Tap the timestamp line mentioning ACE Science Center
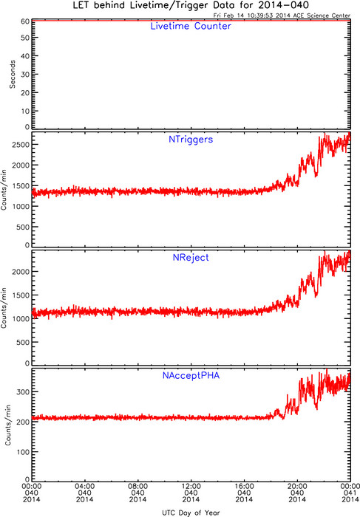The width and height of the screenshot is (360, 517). (282, 16)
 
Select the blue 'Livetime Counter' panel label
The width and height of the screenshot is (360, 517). (191, 26)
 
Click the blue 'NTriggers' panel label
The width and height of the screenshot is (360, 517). (191, 140)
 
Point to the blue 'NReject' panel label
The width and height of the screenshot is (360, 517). (191, 258)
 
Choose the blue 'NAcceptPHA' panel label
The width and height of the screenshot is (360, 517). (191, 375)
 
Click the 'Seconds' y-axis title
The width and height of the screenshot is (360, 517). (13, 74)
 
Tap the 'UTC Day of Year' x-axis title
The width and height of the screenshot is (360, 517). (191, 513)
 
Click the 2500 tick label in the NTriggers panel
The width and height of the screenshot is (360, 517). (21, 145)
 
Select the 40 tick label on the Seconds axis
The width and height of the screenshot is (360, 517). (25, 56)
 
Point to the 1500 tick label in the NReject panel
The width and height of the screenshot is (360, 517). (21, 295)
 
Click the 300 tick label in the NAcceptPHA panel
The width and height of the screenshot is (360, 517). (23, 391)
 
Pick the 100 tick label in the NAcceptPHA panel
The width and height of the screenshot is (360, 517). (23, 452)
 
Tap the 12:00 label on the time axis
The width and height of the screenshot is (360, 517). (191, 486)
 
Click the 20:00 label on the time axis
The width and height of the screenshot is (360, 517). (297, 486)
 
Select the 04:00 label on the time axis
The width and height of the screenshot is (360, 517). (85, 486)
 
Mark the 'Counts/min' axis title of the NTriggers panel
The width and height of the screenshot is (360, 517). (4, 190)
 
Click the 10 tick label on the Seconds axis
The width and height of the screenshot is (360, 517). (25, 111)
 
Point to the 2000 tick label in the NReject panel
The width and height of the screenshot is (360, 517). (21, 272)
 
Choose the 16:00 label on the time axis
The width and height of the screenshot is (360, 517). (244, 486)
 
